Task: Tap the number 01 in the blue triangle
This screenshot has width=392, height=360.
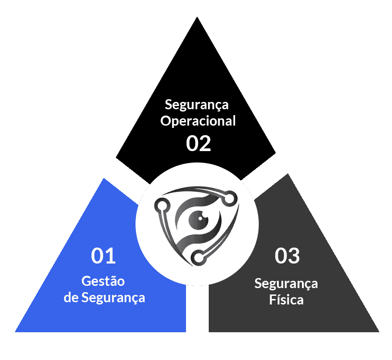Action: [x=104, y=256]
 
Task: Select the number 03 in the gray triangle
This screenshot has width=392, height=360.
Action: [x=287, y=256]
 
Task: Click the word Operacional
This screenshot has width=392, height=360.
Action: [x=199, y=122]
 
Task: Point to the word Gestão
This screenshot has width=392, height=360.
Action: [x=103, y=281]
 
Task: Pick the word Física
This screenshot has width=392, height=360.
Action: [x=286, y=300]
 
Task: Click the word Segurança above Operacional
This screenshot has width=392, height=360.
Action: [x=196, y=105]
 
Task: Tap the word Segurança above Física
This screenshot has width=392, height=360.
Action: [x=286, y=284]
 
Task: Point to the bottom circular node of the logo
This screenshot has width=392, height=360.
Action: [x=198, y=258]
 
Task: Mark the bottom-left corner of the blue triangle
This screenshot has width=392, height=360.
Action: [x=16, y=331]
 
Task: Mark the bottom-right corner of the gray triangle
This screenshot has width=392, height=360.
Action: [x=378, y=331]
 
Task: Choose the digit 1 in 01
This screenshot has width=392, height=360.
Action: [x=111, y=256]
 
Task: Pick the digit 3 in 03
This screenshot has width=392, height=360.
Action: [x=294, y=256]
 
